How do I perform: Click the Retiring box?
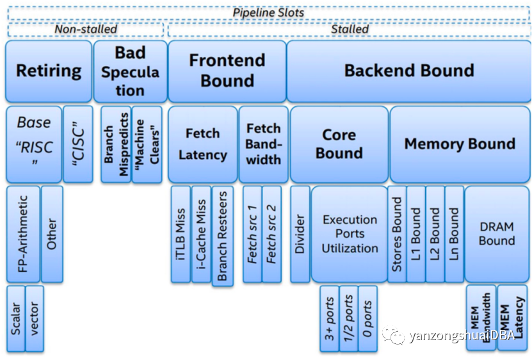tap(49, 71)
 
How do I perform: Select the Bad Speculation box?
tap(131, 71)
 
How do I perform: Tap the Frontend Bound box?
tap(227, 71)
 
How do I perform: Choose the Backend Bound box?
tap(409, 71)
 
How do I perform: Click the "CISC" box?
tap(78, 144)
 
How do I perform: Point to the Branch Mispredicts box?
tap(116, 144)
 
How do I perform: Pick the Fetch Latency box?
tap(202, 144)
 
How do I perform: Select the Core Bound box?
tap(339, 144)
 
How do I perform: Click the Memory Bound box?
tap(460, 144)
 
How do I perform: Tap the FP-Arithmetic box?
tap(23, 234)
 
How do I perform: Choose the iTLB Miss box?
tap(181, 234)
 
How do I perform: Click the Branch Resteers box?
tap(223, 236)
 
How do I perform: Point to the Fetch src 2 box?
tap(272, 234)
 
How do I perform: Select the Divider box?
tap(300, 234)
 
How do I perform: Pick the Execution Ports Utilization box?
tap(350, 234)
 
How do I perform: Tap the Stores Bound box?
tap(397, 234)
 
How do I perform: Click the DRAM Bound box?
tap(497, 234)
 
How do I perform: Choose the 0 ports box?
tap(367, 318)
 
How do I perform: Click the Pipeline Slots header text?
tap(268, 13)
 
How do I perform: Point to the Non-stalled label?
tap(86, 29)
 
